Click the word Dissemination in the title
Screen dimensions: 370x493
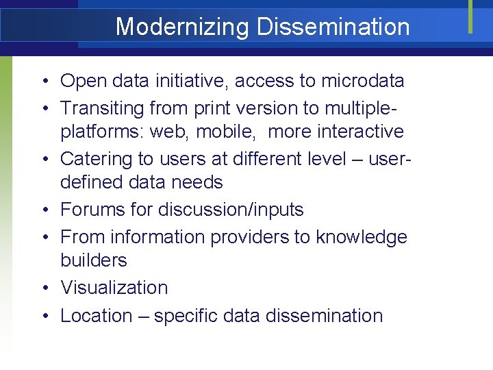pyautogui.click(x=333, y=27)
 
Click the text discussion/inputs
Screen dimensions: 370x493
pyautogui.click(x=231, y=210)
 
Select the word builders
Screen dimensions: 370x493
pyautogui.click(x=94, y=260)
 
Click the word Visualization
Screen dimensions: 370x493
pyautogui.click(x=114, y=288)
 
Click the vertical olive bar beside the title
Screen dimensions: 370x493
pyautogui.click(x=470, y=16)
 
